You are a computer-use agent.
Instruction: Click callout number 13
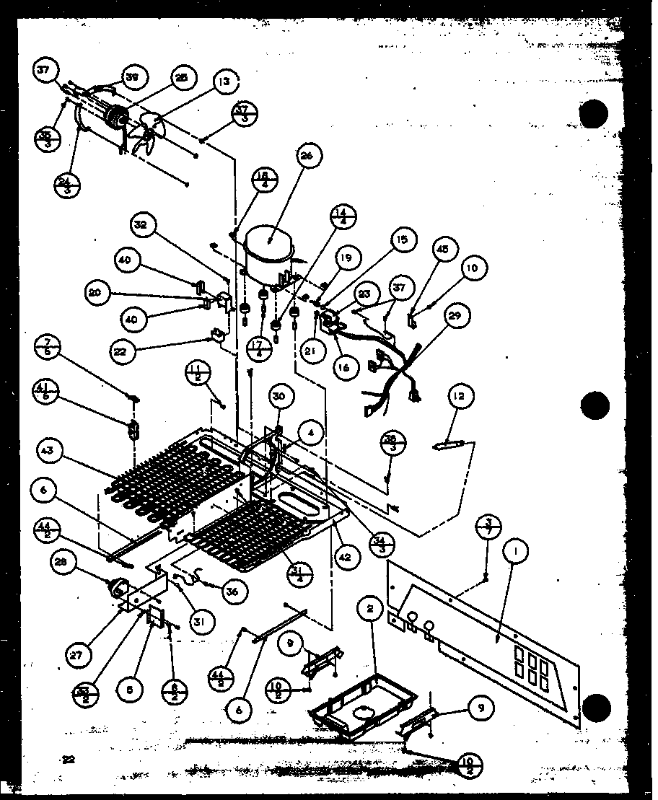(226, 83)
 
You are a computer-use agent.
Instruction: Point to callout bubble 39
(132, 77)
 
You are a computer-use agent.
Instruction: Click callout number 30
(281, 395)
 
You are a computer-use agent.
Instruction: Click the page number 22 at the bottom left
(69, 758)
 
